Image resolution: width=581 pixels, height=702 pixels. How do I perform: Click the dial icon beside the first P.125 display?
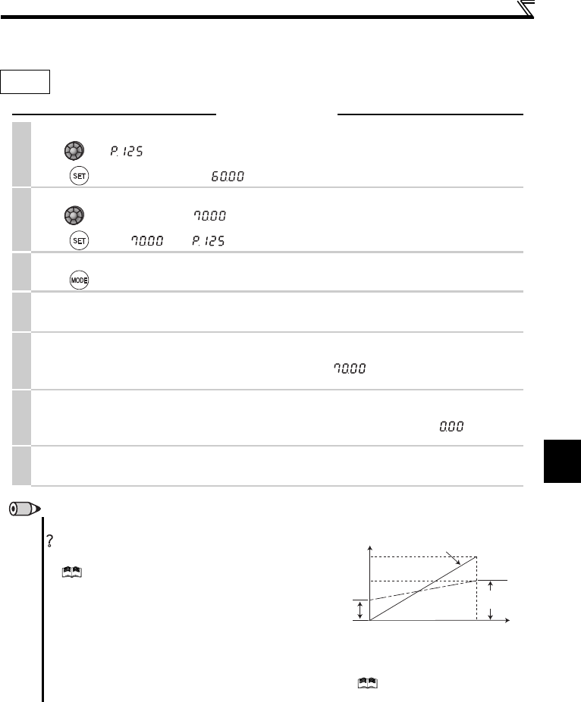[74, 150]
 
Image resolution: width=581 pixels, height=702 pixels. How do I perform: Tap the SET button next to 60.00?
[80, 176]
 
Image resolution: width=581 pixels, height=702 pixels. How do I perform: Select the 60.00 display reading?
[228, 176]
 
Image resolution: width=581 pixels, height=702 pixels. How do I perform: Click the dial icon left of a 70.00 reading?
[74, 215]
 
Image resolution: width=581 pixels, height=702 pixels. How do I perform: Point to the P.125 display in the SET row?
[209, 241]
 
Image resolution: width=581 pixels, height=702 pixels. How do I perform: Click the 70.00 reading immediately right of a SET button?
[147, 241]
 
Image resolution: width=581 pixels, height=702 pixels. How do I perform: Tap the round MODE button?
[80, 280]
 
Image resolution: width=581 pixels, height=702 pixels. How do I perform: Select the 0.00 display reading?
[451, 426]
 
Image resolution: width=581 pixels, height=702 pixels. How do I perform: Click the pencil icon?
[25, 509]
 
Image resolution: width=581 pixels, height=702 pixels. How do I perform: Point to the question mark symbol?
[50, 541]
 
